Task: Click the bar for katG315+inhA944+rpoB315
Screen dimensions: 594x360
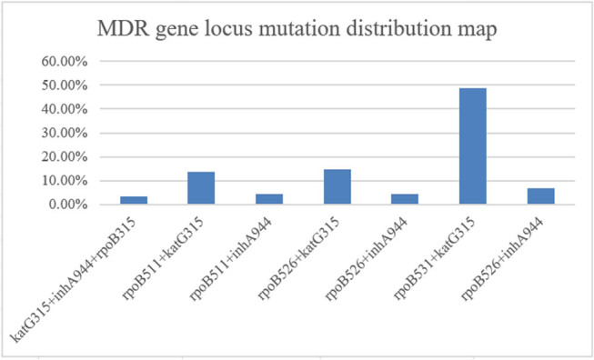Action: click(134, 200)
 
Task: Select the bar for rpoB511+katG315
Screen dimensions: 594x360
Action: click(201, 188)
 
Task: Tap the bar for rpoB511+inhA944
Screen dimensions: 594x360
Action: click(269, 199)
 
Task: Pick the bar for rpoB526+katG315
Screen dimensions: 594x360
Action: click(337, 187)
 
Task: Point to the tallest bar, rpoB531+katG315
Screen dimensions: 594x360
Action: click(473, 146)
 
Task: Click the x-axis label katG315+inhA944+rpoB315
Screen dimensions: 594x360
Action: click(73, 280)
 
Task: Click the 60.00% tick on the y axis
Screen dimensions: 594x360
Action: click(65, 61)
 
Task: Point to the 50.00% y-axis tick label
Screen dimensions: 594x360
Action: click(65, 85)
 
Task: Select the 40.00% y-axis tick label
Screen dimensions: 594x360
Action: click(65, 109)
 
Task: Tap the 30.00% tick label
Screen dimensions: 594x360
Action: click(65, 134)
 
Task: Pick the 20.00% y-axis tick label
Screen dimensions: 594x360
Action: click(65, 157)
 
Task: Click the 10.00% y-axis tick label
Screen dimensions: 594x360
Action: click(65, 181)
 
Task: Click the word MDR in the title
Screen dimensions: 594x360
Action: click(123, 29)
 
